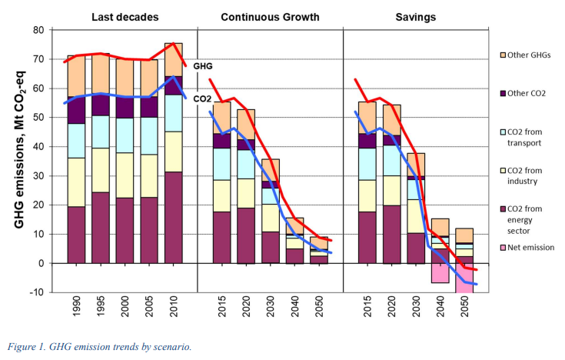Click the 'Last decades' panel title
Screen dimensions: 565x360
tap(125, 17)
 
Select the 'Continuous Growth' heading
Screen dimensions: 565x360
tap(270, 17)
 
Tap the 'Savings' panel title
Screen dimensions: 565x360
tap(415, 18)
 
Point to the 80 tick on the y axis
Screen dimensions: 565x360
tap(39, 30)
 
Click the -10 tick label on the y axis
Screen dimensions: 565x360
tap(37, 292)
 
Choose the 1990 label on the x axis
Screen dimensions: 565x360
tap(76, 306)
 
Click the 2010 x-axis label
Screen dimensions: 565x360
tap(173, 306)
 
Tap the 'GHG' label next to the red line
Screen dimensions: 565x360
tap(202, 66)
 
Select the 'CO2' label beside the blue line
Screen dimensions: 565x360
tap(202, 98)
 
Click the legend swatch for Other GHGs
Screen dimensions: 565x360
tap(503, 55)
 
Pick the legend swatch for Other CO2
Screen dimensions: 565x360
tap(503, 93)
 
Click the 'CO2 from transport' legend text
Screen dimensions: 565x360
tap(524, 138)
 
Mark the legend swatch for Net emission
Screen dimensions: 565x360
tap(503, 248)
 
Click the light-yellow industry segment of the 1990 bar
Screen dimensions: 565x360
tap(76, 182)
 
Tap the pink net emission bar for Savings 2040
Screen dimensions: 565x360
tap(440, 273)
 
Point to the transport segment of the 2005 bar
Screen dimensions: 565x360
tap(149, 136)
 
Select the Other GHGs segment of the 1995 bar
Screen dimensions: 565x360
tap(101, 73)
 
